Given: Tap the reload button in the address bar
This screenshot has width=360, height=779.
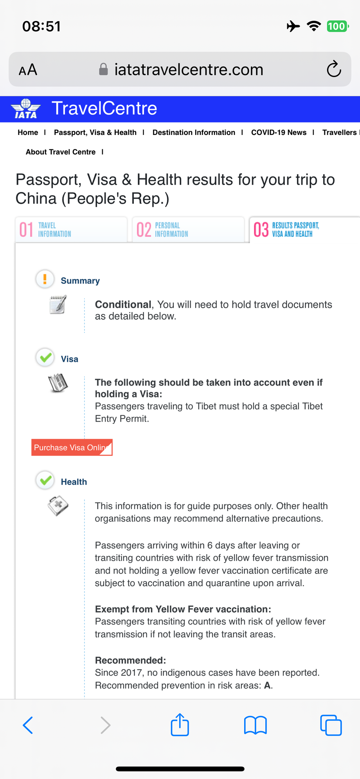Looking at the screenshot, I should click(x=334, y=70).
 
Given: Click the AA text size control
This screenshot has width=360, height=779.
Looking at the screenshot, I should click(x=28, y=70).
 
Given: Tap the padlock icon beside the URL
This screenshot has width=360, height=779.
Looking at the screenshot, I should click(x=103, y=70).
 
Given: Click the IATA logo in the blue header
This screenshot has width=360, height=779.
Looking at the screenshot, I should click(x=26, y=109).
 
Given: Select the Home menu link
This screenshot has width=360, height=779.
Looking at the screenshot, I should click(x=28, y=133).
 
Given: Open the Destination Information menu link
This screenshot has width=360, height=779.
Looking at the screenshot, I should click(x=194, y=133).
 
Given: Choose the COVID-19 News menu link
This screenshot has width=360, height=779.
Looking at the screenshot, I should click(x=279, y=133).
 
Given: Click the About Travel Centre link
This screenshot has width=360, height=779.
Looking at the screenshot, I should click(x=61, y=152).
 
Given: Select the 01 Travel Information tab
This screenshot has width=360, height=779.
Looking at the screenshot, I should click(x=71, y=230).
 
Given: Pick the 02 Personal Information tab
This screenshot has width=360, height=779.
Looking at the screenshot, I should click(x=188, y=230).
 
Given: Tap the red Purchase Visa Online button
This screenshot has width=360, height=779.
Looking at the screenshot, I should click(x=72, y=447).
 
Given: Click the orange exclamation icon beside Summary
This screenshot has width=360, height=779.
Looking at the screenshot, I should click(x=45, y=279).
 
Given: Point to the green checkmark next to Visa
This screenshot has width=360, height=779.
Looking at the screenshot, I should click(x=45, y=357).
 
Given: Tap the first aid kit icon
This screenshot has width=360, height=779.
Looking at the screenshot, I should click(x=58, y=506).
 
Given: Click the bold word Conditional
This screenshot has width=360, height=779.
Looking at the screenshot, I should click(x=123, y=305).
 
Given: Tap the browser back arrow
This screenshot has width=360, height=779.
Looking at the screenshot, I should click(x=28, y=725).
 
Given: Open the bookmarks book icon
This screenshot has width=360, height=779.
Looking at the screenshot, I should click(x=255, y=725).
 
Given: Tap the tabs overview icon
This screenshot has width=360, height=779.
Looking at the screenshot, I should click(x=331, y=725).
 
